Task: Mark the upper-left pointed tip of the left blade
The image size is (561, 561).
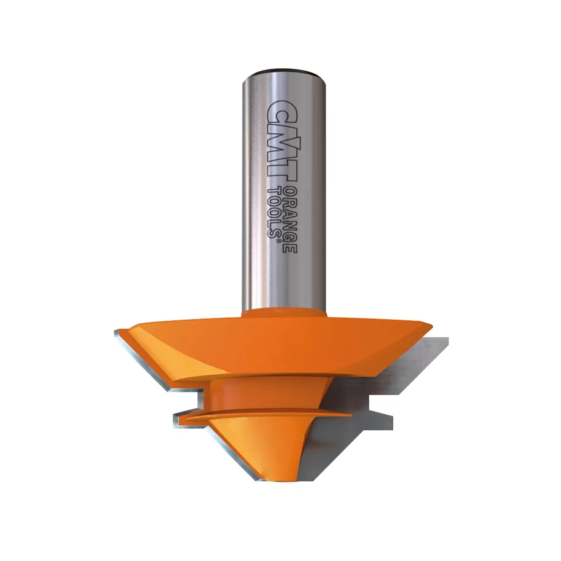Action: point(116,332)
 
